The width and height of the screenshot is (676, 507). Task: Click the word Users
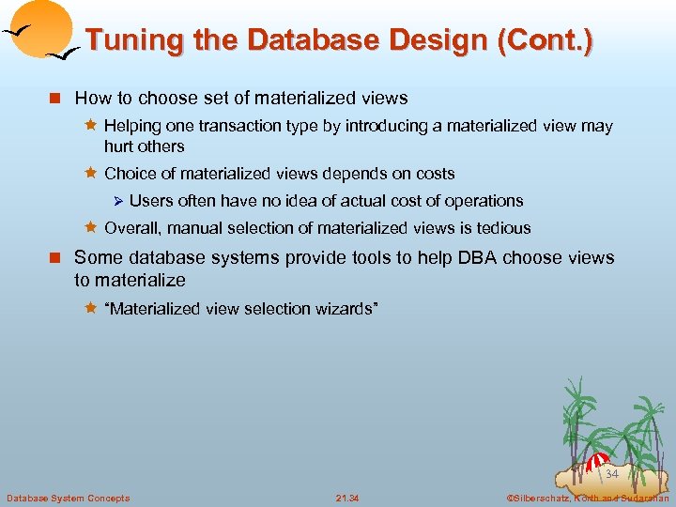[x=150, y=201]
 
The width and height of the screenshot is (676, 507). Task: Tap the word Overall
[x=131, y=228]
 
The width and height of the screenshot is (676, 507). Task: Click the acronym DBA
[x=481, y=257]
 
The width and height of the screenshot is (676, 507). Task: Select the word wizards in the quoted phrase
[x=345, y=310]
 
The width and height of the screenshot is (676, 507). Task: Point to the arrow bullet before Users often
[x=118, y=201]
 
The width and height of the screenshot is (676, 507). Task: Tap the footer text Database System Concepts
[x=68, y=498]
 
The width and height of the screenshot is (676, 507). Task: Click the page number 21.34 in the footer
[x=347, y=498]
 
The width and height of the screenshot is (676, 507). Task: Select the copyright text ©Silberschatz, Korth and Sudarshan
[x=586, y=498]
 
